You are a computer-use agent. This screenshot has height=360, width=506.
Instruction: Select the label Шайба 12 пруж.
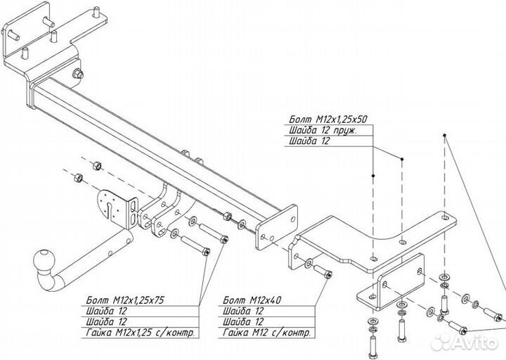point(323,130)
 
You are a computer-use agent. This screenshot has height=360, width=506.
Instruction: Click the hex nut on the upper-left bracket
point(76,75)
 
